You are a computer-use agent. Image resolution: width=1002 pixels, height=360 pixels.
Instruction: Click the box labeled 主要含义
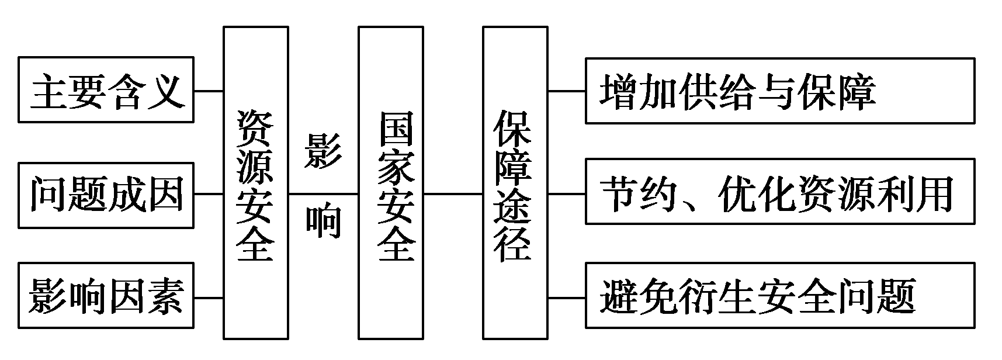tap(106, 89)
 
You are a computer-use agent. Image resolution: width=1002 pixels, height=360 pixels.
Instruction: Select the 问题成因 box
tap(106, 195)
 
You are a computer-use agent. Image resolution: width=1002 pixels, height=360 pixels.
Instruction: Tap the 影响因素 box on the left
tap(106, 295)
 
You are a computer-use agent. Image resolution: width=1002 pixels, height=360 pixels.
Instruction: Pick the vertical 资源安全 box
tap(256, 182)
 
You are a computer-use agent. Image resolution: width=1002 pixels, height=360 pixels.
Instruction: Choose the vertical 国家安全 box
tap(390, 182)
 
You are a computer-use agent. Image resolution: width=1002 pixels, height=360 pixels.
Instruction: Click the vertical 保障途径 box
tap(515, 182)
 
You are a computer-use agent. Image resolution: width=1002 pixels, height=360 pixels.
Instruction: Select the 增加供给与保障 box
tap(779, 91)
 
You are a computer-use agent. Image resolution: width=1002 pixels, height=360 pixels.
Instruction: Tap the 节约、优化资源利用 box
tap(779, 191)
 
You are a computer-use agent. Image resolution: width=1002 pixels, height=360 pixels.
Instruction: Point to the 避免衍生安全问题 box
tap(779, 295)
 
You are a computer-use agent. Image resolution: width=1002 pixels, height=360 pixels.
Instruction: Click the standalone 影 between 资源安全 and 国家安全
tap(323, 150)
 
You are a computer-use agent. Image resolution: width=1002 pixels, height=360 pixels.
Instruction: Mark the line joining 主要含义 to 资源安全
tap(209, 91)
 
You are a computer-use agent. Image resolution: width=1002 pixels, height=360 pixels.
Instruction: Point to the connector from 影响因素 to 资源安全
tap(209, 297)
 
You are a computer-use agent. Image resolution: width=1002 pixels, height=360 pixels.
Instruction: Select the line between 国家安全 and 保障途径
tap(453, 193)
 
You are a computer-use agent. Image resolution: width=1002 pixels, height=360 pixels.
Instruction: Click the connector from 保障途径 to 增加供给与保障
tap(567, 91)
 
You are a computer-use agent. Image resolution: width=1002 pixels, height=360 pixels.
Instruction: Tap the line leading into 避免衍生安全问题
tap(567, 297)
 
